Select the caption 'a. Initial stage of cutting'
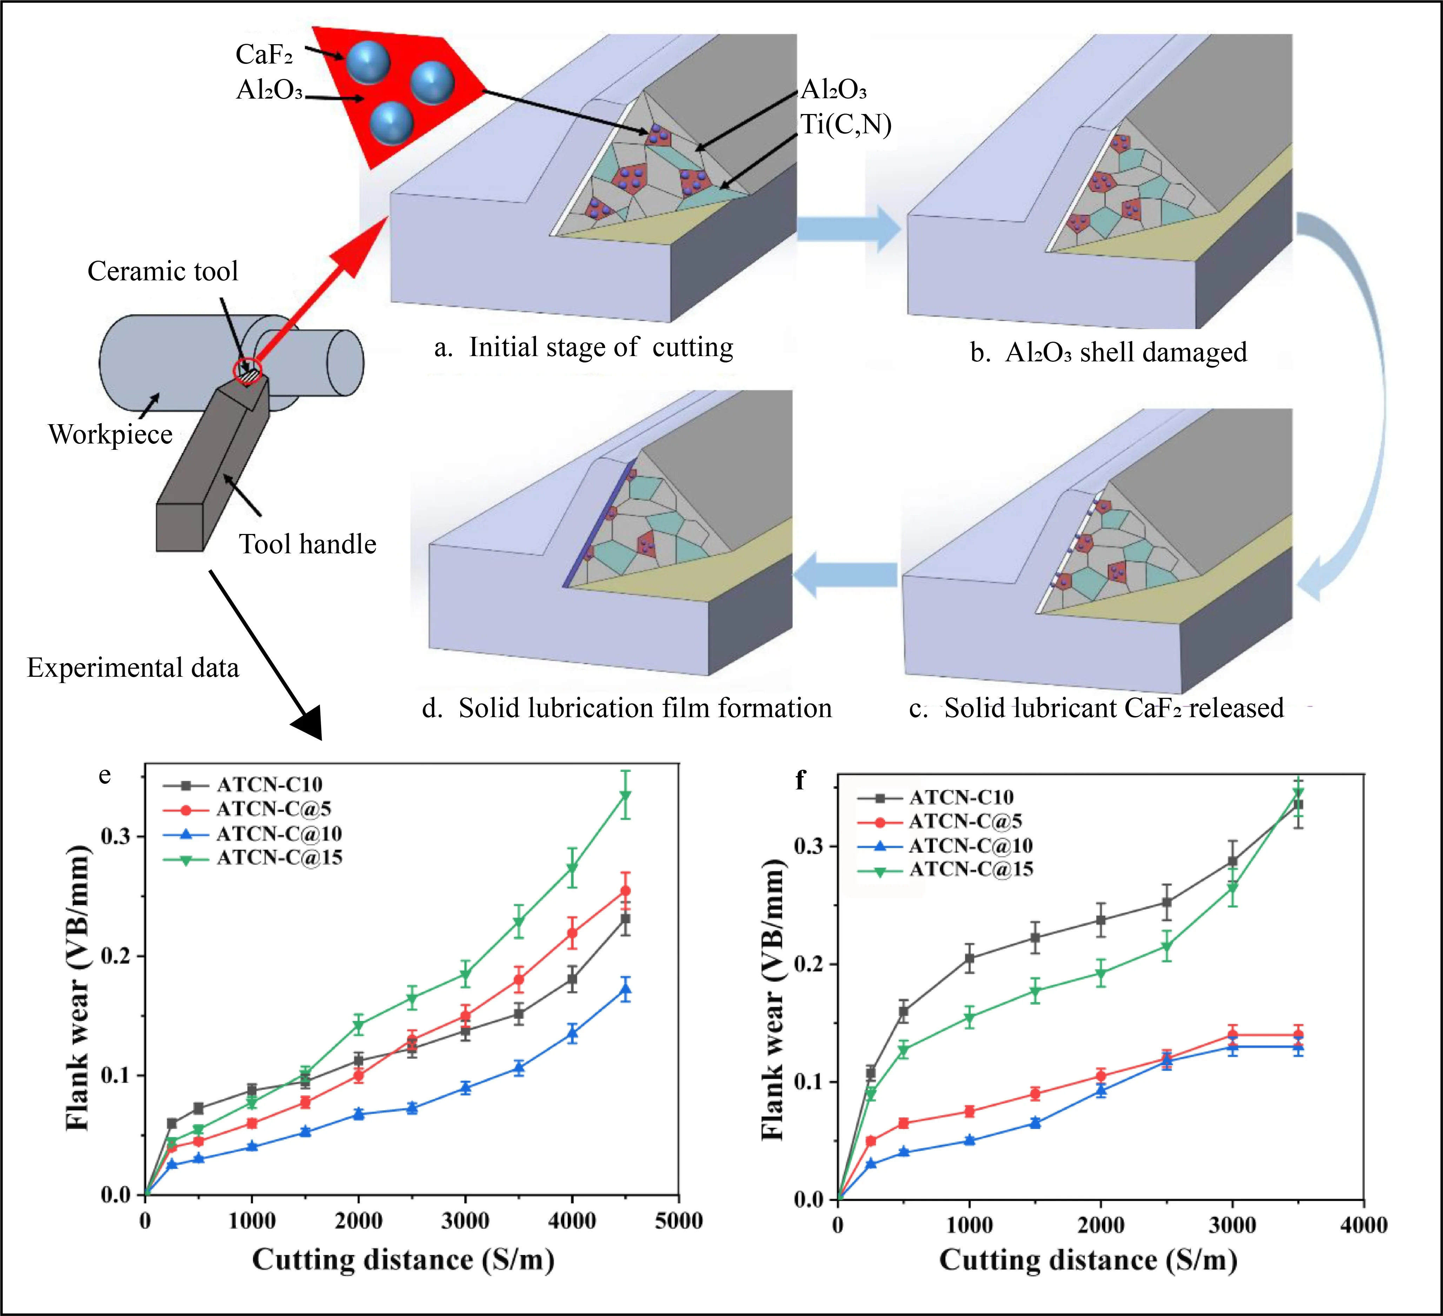[583, 348]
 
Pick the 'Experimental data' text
[133, 668]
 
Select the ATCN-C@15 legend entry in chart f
[971, 869]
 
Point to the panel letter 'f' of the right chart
[800, 780]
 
